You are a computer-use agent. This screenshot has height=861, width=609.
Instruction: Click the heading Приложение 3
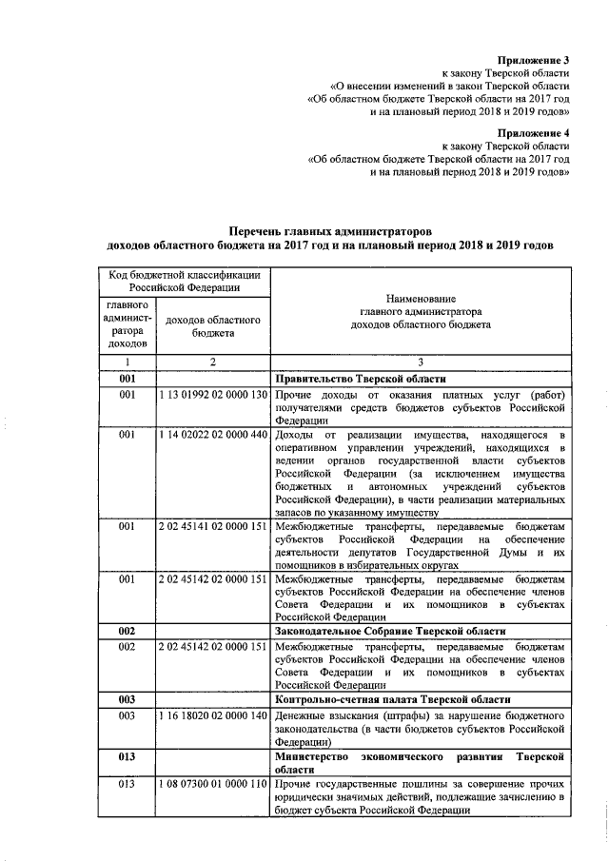[x=535, y=59]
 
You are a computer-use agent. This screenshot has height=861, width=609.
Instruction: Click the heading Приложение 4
[x=535, y=133]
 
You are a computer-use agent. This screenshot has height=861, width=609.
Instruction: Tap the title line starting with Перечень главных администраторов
[x=332, y=231]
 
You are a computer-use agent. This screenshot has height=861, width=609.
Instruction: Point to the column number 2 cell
[x=213, y=362]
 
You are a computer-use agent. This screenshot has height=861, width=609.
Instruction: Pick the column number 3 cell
[x=420, y=362]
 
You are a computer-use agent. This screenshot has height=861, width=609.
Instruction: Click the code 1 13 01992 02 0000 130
[x=213, y=394]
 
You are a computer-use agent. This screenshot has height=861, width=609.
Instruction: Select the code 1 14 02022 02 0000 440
[x=213, y=434]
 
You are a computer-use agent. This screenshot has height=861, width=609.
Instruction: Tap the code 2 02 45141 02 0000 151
[x=213, y=526]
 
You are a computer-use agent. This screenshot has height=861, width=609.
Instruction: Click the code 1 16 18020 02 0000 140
[x=213, y=714]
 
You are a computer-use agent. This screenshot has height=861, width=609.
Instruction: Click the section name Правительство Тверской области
[x=360, y=378]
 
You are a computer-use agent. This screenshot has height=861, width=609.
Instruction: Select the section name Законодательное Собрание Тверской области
[x=389, y=631]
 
